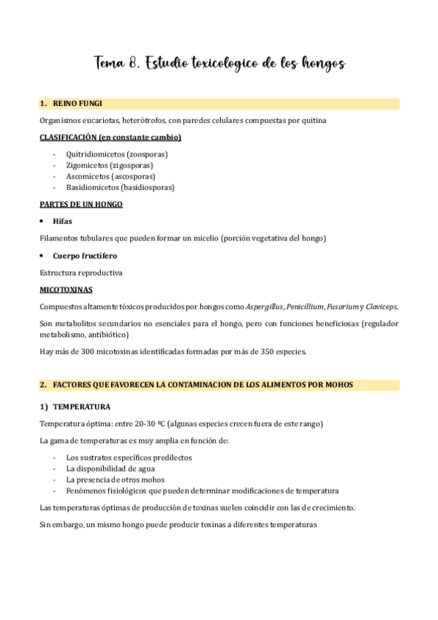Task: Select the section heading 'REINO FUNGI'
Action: [78, 105]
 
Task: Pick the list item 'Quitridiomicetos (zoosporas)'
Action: [118, 154]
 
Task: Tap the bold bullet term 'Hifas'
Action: [63, 221]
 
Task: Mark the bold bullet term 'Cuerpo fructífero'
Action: [85, 255]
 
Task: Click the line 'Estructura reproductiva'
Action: [80, 273]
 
